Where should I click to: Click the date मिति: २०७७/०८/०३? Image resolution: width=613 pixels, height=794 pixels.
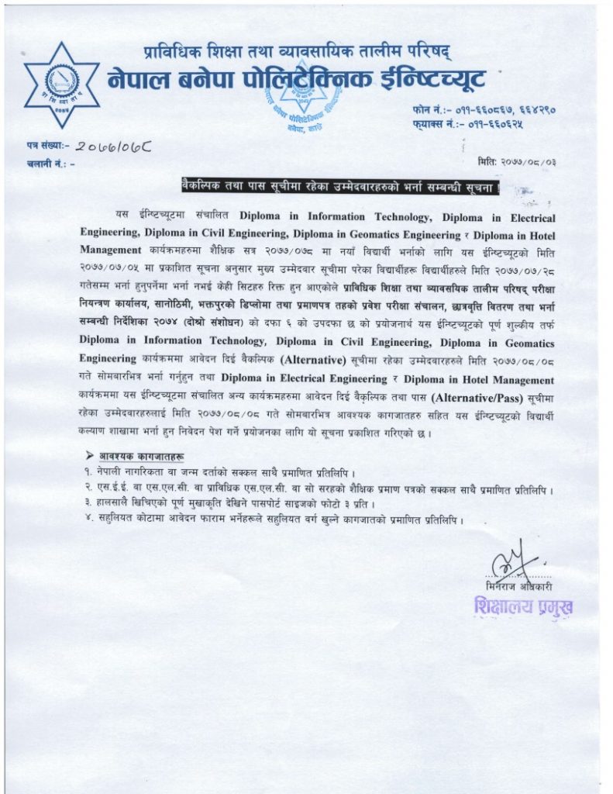coord(518,161)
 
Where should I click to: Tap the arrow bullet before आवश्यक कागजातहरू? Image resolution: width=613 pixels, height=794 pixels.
coord(91,454)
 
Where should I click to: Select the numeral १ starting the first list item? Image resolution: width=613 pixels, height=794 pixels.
coord(88,471)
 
